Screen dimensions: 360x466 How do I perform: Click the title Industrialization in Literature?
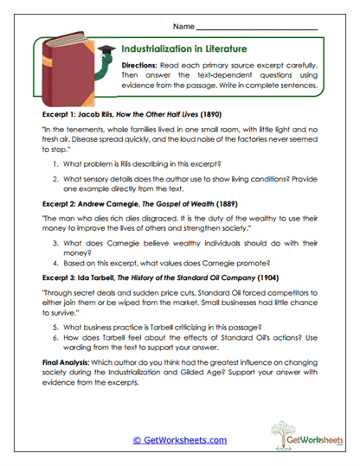[184, 49]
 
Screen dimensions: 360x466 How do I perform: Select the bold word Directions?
[138, 66]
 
